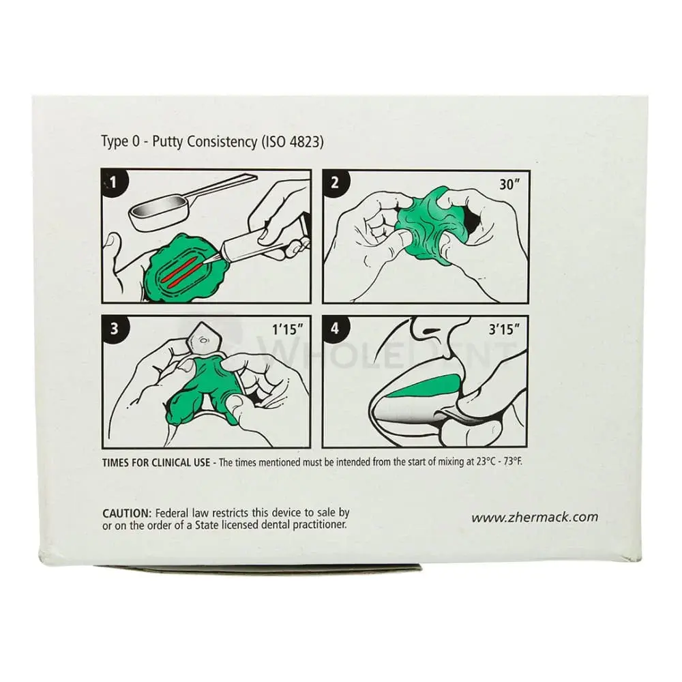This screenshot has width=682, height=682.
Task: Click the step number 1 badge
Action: click(x=113, y=181)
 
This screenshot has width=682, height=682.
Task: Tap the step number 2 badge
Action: click(x=334, y=181)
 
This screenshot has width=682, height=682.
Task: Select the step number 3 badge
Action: click(x=113, y=328)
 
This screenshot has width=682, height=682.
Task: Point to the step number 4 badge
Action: click(x=334, y=328)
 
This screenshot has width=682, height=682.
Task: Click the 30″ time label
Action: click(x=509, y=184)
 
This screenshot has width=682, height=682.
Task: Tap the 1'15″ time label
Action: click(x=288, y=329)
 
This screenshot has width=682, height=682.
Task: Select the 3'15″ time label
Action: click(x=504, y=329)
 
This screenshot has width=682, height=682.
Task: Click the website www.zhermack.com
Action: click(x=535, y=517)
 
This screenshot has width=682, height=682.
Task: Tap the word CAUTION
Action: click(x=127, y=514)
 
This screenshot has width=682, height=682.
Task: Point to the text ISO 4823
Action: click(x=293, y=142)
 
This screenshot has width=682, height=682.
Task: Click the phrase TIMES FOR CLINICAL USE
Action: click(x=156, y=462)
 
